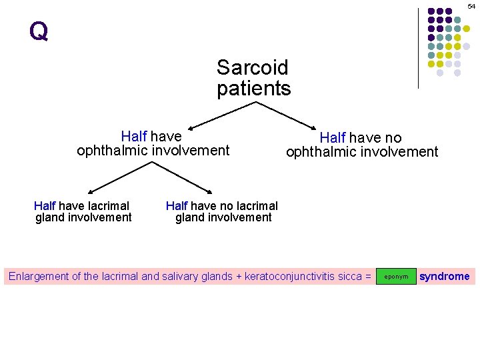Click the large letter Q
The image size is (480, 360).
39,31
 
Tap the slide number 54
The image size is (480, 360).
471,5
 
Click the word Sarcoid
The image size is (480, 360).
252,67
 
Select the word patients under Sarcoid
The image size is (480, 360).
253,88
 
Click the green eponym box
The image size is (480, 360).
396,276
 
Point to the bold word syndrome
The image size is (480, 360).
444,276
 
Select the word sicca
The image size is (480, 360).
351,276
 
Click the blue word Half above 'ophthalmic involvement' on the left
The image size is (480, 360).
133,137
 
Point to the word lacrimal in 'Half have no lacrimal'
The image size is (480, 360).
257,205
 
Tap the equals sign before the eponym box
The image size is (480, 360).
367,276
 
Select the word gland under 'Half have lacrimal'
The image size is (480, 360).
47,217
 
